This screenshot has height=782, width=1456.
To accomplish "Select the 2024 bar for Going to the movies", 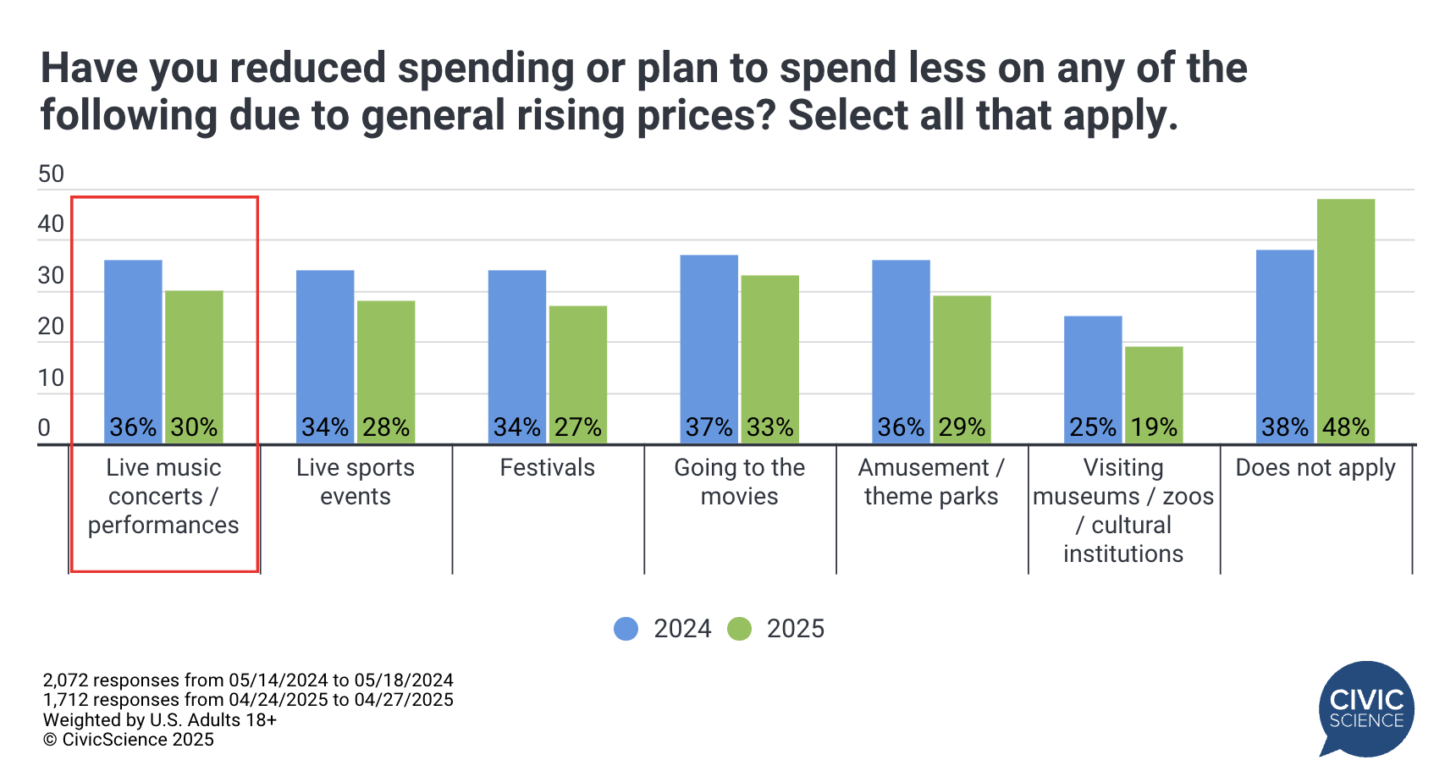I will tap(709, 347).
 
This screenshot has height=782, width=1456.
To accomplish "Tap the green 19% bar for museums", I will tap(1154, 394).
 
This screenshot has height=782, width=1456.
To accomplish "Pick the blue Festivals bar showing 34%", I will tap(516, 355).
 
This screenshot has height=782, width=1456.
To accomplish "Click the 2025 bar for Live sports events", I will tap(386, 371).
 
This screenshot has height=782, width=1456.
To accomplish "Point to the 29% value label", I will tap(962, 427).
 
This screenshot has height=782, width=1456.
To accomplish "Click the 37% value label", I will tap(709, 427).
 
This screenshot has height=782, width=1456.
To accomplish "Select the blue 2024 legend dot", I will tap(626, 629).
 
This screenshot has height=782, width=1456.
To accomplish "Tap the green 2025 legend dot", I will tap(739, 629).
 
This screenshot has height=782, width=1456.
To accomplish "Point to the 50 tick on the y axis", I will tap(51, 174).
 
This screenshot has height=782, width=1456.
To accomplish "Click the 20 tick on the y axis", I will tap(51, 327).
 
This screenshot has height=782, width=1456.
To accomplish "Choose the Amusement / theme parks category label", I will tap(931, 482).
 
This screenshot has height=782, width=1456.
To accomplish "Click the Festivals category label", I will tap(547, 468).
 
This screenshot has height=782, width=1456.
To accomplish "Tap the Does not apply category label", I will tap(1315, 468).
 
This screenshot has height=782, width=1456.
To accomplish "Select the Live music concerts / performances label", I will tap(163, 496).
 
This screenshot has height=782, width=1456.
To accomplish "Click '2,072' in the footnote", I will tap(65, 680).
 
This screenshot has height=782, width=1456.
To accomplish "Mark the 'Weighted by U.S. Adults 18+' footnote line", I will tap(160, 720).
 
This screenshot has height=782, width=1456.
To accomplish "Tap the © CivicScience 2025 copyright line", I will tap(129, 740).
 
